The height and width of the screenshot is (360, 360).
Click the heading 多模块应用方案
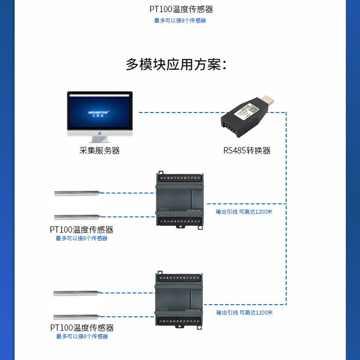tap(175, 64)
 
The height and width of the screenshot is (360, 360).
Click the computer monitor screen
tap(100, 110)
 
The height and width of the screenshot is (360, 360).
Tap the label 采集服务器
tap(99, 151)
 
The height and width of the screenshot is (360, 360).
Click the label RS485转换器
tap(247, 151)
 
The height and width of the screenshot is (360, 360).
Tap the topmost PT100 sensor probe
tap(76, 193)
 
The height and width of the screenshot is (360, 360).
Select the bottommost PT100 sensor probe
tap(76, 317)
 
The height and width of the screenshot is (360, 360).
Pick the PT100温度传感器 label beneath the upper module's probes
tap(81, 229)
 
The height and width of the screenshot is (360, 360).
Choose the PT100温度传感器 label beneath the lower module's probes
tap(81, 328)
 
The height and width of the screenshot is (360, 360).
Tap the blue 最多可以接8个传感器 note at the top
tap(180, 21)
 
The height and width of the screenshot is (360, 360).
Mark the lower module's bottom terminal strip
tap(179, 319)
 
